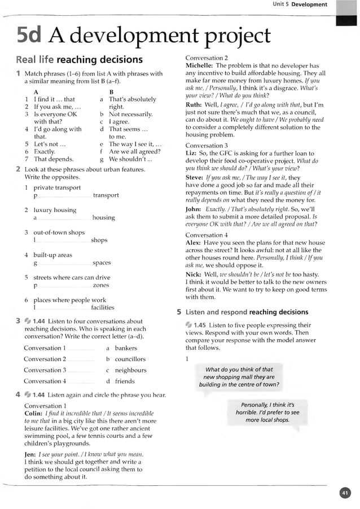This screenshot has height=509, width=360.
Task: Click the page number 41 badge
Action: [345, 493]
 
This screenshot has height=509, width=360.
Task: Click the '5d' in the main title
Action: [29, 36]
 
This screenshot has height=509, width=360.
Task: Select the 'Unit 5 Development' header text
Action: [300, 5]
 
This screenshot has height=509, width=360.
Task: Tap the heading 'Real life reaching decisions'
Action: [79, 60]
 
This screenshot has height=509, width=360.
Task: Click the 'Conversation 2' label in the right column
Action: [207, 58]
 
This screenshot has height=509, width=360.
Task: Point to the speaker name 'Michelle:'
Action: [199, 65]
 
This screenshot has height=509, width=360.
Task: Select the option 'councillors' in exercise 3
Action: [130, 359]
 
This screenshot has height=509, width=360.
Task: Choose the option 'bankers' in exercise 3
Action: [126, 348]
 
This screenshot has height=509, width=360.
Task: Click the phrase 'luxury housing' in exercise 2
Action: [55, 210]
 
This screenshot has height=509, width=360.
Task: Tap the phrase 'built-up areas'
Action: [52, 255]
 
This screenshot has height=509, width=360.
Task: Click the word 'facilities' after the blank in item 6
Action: [102, 308]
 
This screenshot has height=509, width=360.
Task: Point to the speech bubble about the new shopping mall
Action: [239, 377]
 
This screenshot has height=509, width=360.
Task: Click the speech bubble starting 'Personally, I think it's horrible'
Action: [267, 413]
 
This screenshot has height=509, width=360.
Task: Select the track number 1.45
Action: [200, 325]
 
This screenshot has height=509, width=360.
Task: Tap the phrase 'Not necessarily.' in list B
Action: [130, 114]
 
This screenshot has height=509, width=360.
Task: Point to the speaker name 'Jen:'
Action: [30, 454]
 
